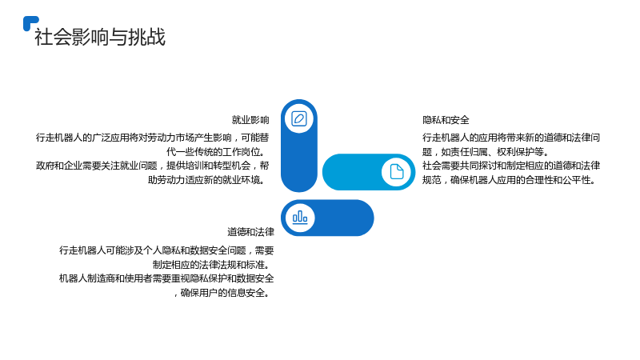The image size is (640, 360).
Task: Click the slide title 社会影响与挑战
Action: coord(100,37)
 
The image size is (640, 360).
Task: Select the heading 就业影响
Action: coord(250,120)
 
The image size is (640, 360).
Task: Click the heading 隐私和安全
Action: coord(446,120)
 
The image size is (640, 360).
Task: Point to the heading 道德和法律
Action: coord(250,232)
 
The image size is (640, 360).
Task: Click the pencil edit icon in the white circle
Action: coord(299,118)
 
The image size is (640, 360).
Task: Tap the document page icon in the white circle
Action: coord(396,172)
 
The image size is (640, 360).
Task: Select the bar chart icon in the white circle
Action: coord(300,218)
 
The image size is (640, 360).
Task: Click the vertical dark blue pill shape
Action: coord(299,146)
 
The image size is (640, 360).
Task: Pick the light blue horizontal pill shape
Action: coord(369,172)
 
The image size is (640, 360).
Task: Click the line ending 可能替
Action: coord(153,138)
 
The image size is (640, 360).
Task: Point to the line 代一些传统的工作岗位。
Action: coord(218,152)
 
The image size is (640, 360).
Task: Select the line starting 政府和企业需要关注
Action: coord(153,166)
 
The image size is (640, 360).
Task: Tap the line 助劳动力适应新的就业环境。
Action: coord(209,179)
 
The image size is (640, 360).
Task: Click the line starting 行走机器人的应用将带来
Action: coord(511,138)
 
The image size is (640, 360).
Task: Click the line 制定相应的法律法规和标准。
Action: coord(213,265)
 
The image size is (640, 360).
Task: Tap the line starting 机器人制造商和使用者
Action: coord(166,278)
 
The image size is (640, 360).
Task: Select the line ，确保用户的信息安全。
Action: coord(224,293)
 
